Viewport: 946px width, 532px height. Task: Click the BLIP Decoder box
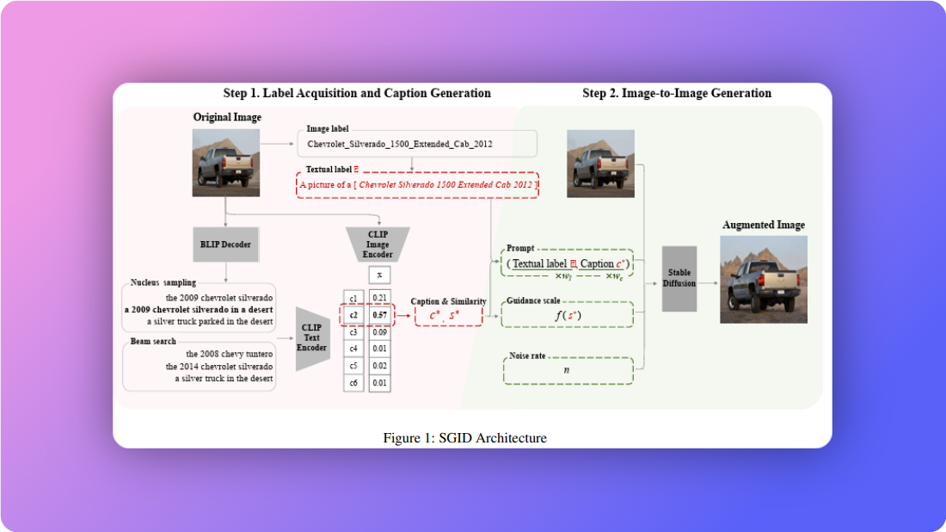pyautogui.click(x=225, y=244)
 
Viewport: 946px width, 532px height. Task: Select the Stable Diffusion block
pyautogui.click(x=679, y=278)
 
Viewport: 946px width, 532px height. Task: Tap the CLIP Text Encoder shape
pyautogui.click(x=313, y=338)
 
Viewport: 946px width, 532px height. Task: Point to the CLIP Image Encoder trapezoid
pyautogui.click(x=378, y=244)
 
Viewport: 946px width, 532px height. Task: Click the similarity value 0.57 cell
pyautogui.click(x=379, y=315)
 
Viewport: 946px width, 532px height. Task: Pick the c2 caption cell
pyautogui.click(x=353, y=315)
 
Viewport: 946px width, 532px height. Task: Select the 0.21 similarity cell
pyautogui.click(x=379, y=298)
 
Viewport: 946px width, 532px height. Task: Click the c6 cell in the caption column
pyautogui.click(x=353, y=382)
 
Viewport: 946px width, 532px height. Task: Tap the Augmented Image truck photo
pyautogui.click(x=763, y=279)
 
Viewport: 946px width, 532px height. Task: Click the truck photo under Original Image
pyautogui.click(x=225, y=158)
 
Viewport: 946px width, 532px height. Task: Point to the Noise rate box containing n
pyautogui.click(x=566, y=371)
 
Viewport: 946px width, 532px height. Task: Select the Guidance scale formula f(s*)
pyautogui.click(x=566, y=315)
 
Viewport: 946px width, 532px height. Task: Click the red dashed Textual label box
pyautogui.click(x=418, y=185)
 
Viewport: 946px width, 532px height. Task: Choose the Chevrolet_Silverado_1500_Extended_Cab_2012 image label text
pyautogui.click(x=400, y=144)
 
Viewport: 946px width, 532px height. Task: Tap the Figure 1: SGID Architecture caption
pyautogui.click(x=464, y=438)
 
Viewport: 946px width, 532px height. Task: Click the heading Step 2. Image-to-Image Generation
pyautogui.click(x=677, y=93)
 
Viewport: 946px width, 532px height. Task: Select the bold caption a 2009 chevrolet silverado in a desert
pyautogui.click(x=199, y=309)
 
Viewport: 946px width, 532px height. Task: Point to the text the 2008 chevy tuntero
pyautogui.click(x=230, y=354)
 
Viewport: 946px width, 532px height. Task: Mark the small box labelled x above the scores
pyautogui.click(x=379, y=275)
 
